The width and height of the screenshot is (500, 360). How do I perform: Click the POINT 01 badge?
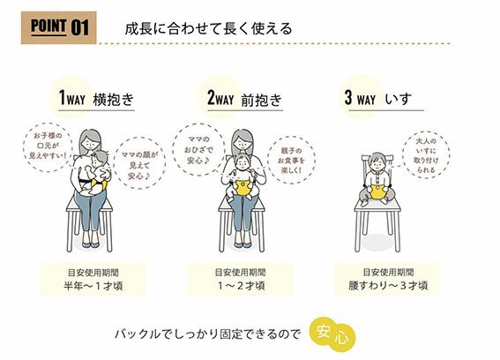pyautogui.click(x=59, y=27)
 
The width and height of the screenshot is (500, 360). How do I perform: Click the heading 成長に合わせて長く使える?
pyautogui.click(x=208, y=29)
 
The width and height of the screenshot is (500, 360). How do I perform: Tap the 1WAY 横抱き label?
pyautogui.click(x=96, y=98)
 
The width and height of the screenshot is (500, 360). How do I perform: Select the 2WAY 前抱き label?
pyautogui.click(x=245, y=98)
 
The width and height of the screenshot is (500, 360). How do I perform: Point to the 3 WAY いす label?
pyautogui.click(x=378, y=98)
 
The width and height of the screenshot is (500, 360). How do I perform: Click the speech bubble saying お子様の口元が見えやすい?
pyautogui.click(x=48, y=146)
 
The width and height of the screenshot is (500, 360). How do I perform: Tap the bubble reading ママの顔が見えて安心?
pyautogui.click(x=139, y=163)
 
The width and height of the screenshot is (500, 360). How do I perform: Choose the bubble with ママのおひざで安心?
pyautogui.click(x=198, y=149)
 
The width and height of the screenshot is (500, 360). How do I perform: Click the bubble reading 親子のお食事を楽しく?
pyautogui.click(x=292, y=161)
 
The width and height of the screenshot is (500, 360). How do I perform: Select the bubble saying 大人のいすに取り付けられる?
pyautogui.click(x=426, y=154)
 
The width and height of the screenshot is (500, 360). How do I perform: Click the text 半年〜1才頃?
pyautogui.click(x=93, y=285)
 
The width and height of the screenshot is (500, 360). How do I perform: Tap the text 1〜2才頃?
pyautogui.click(x=241, y=285)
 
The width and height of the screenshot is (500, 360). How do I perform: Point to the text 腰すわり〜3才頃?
pyautogui.click(x=388, y=285)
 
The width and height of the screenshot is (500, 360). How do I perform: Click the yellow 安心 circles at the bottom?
pyautogui.click(x=332, y=334)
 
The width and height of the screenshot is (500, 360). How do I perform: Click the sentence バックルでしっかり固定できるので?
pyautogui.click(x=207, y=334)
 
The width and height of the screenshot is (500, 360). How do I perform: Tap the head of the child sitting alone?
pyautogui.click(x=377, y=162)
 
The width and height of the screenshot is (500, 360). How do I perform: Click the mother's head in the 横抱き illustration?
pyautogui.click(x=90, y=140)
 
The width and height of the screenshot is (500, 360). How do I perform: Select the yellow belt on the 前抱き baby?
pyautogui.click(x=243, y=187)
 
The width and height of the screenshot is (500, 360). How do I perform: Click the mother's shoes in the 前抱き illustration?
pyautogui.click(x=243, y=244)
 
